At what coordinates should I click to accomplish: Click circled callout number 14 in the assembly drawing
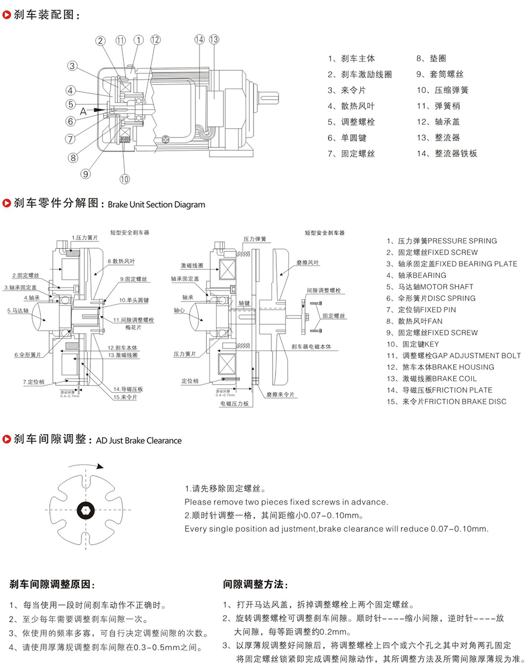point(199,39)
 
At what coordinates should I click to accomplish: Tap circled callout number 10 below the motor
point(124,179)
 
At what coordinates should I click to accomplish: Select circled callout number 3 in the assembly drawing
point(72,66)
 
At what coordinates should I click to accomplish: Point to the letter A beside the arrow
point(83,111)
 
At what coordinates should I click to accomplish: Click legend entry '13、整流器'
point(438,137)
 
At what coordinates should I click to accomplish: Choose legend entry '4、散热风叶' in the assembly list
point(351,106)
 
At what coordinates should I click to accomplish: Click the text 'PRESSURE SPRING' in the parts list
point(462,241)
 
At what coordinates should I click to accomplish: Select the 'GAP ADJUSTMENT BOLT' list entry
point(476,356)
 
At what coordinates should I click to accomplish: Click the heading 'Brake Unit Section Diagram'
point(156,205)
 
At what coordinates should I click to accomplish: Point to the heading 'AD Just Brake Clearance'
point(139,441)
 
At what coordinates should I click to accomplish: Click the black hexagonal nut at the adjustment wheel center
point(85,509)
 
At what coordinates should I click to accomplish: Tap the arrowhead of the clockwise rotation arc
point(100,465)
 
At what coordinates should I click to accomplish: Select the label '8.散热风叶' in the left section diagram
point(121,261)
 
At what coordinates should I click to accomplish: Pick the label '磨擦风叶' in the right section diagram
point(308,262)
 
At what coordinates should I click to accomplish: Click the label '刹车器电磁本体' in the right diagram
point(312,347)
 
